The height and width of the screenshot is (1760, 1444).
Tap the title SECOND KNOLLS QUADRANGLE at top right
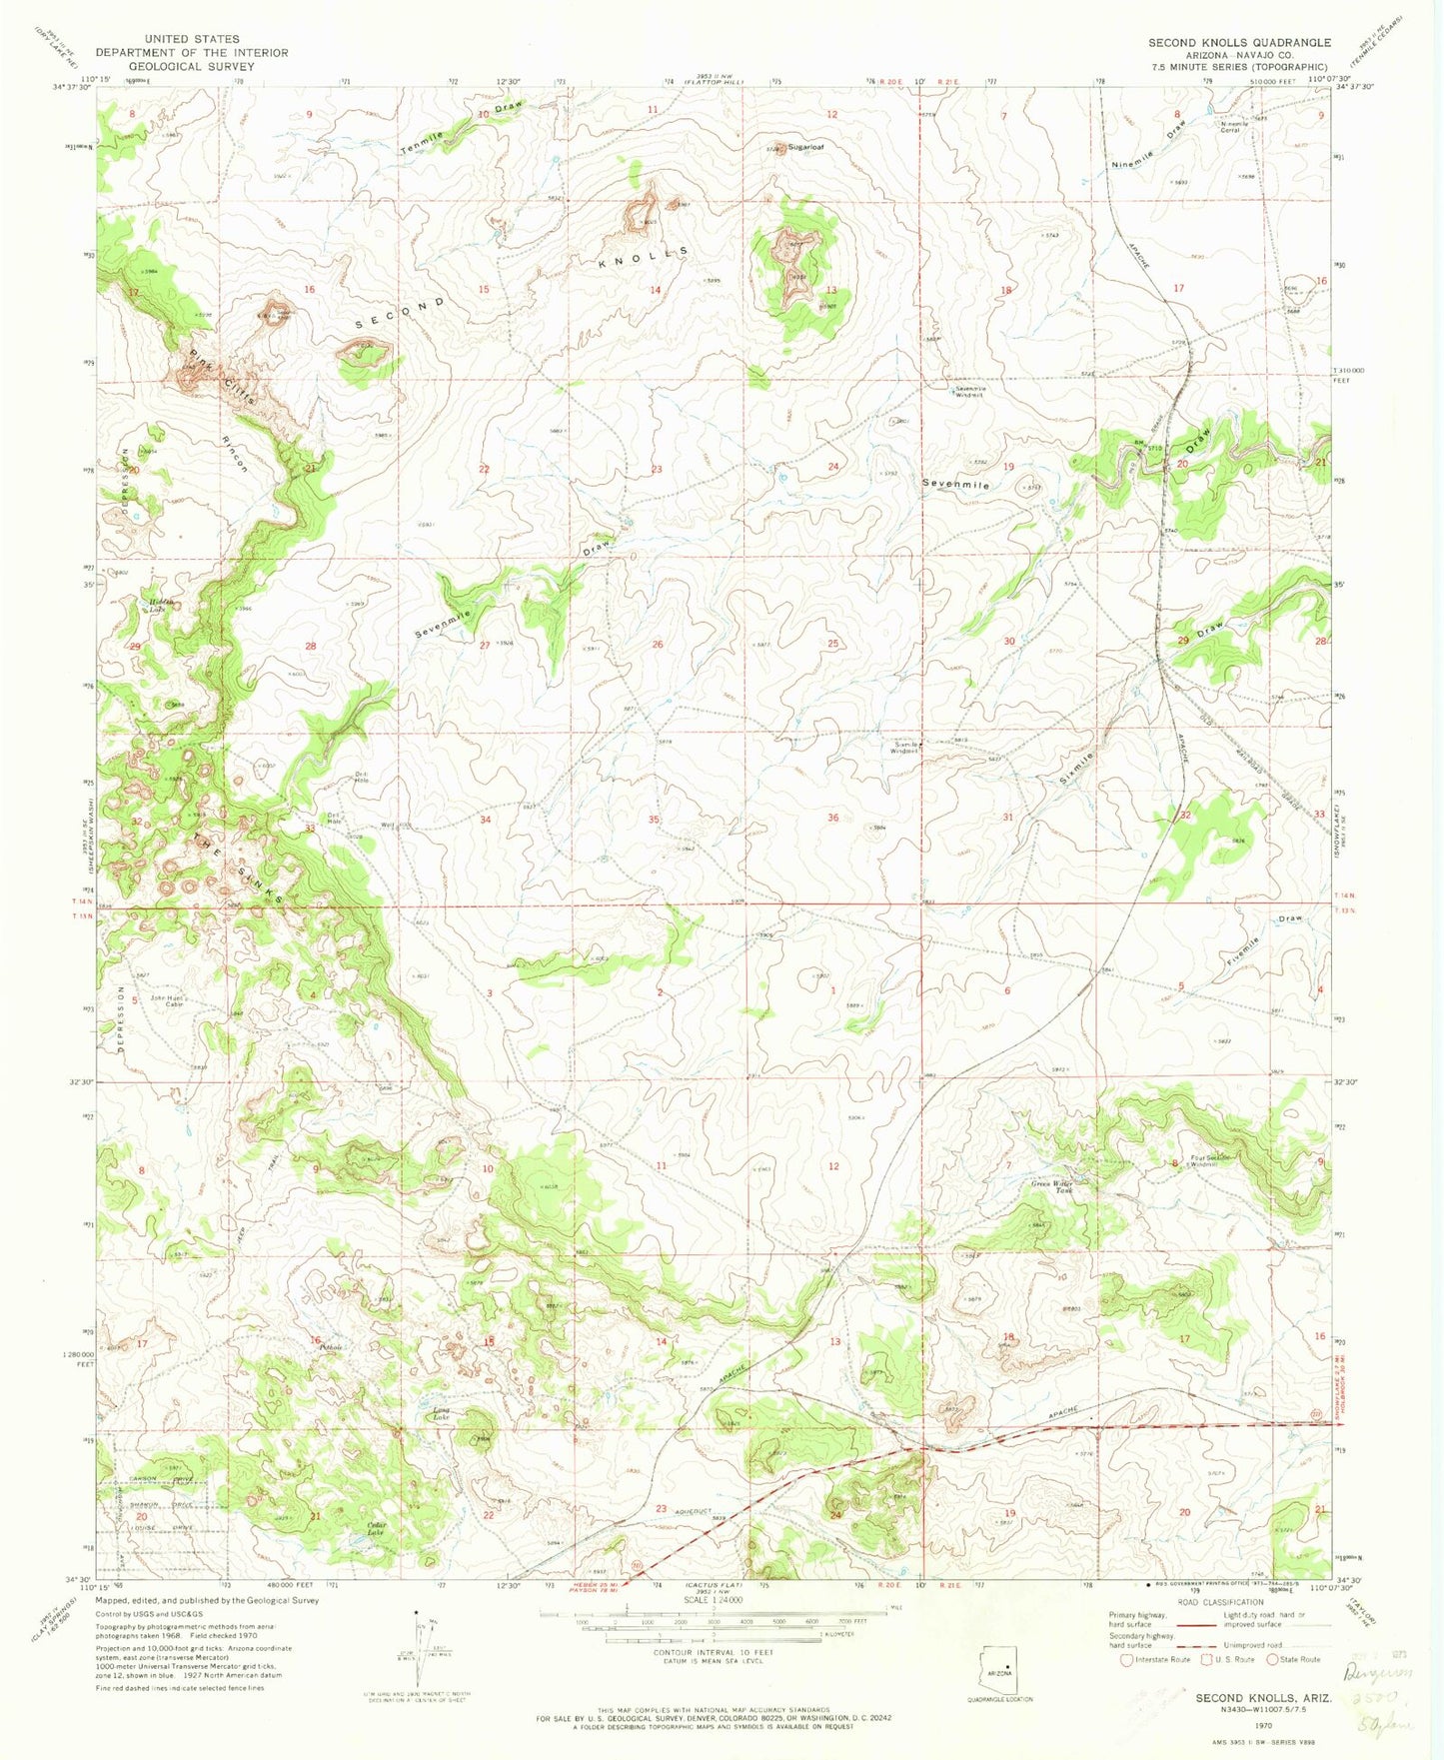[1239, 43]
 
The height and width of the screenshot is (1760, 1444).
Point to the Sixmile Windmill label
[904, 748]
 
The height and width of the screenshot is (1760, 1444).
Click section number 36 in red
[832, 819]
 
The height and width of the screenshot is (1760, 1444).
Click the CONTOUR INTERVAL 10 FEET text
[711, 1678]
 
